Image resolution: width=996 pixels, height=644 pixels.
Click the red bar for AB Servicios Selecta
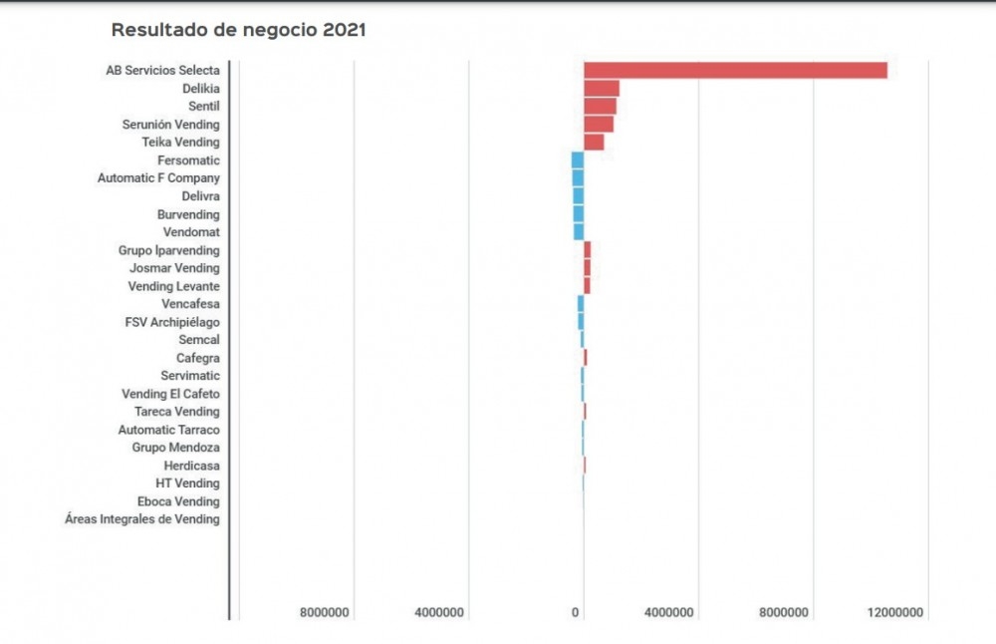point(735,70)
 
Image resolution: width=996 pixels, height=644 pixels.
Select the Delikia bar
point(602,89)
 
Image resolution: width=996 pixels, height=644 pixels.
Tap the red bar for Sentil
point(600,107)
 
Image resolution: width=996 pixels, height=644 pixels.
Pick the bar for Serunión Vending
point(599,125)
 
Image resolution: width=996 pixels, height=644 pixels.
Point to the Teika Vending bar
point(594,143)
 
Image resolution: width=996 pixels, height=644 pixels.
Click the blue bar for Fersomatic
point(578,161)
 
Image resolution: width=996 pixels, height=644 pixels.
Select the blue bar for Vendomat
point(579,232)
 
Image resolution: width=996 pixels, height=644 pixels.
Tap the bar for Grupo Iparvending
point(588,250)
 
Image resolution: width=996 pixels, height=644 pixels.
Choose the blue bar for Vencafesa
point(581,304)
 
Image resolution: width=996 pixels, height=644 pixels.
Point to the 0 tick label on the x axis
point(576,612)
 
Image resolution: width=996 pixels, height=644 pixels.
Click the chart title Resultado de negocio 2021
point(238,30)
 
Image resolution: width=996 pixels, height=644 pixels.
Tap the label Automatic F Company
point(158,178)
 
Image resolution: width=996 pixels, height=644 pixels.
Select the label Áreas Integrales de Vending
point(142,519)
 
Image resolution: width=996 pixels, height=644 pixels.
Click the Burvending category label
point(188,214)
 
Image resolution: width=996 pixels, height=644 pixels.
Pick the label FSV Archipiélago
point(172,322)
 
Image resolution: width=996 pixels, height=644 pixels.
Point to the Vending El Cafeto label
point(170,394)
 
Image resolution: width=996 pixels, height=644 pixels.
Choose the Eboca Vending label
point(178,501)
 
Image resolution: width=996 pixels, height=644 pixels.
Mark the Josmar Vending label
point(174,268)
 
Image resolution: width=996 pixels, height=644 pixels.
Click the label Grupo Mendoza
point(175,448)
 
